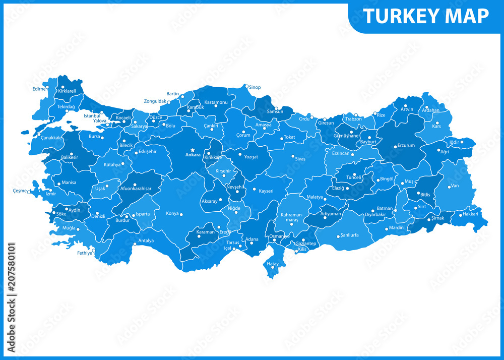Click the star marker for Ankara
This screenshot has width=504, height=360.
pos(193,150)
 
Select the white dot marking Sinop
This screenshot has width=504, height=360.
pos(246,86)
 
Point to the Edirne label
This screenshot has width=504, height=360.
pos(39,89)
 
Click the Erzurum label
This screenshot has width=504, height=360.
pos(406,145)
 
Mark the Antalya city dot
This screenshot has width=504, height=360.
pos(135,245)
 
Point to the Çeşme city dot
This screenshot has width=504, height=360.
pos(30,192)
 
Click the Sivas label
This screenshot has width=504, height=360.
pos(300,158)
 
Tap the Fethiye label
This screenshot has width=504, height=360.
pos(85,253)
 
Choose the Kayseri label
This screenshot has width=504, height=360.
pos(266,191)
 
